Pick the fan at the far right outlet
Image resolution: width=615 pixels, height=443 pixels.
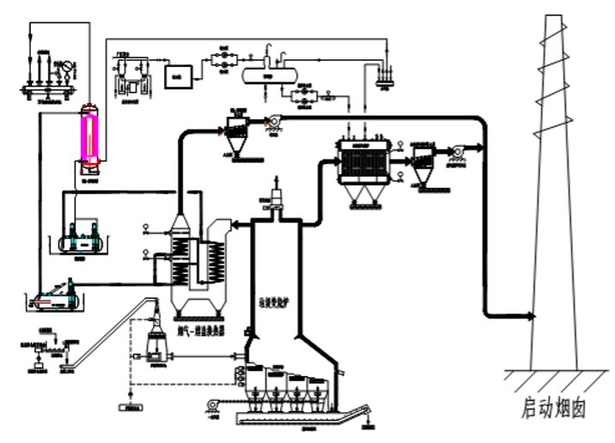pos(455,152)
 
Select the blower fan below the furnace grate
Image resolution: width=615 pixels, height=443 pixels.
pos(214,409)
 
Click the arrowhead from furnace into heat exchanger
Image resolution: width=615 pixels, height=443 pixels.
pos(238,225)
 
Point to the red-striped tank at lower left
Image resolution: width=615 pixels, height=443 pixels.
pos(54,297)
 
